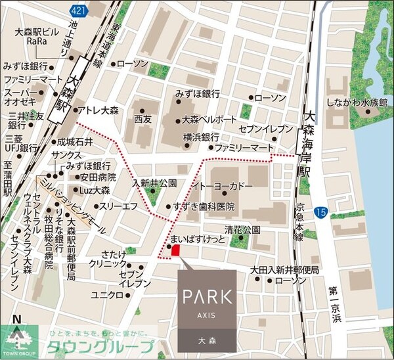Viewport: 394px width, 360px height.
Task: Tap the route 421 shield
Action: (77, 8)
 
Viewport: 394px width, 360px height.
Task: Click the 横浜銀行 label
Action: (201, 137)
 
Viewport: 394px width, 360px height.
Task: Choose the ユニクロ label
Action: (107, 295)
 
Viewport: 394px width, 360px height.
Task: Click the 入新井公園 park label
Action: (155, 182)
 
